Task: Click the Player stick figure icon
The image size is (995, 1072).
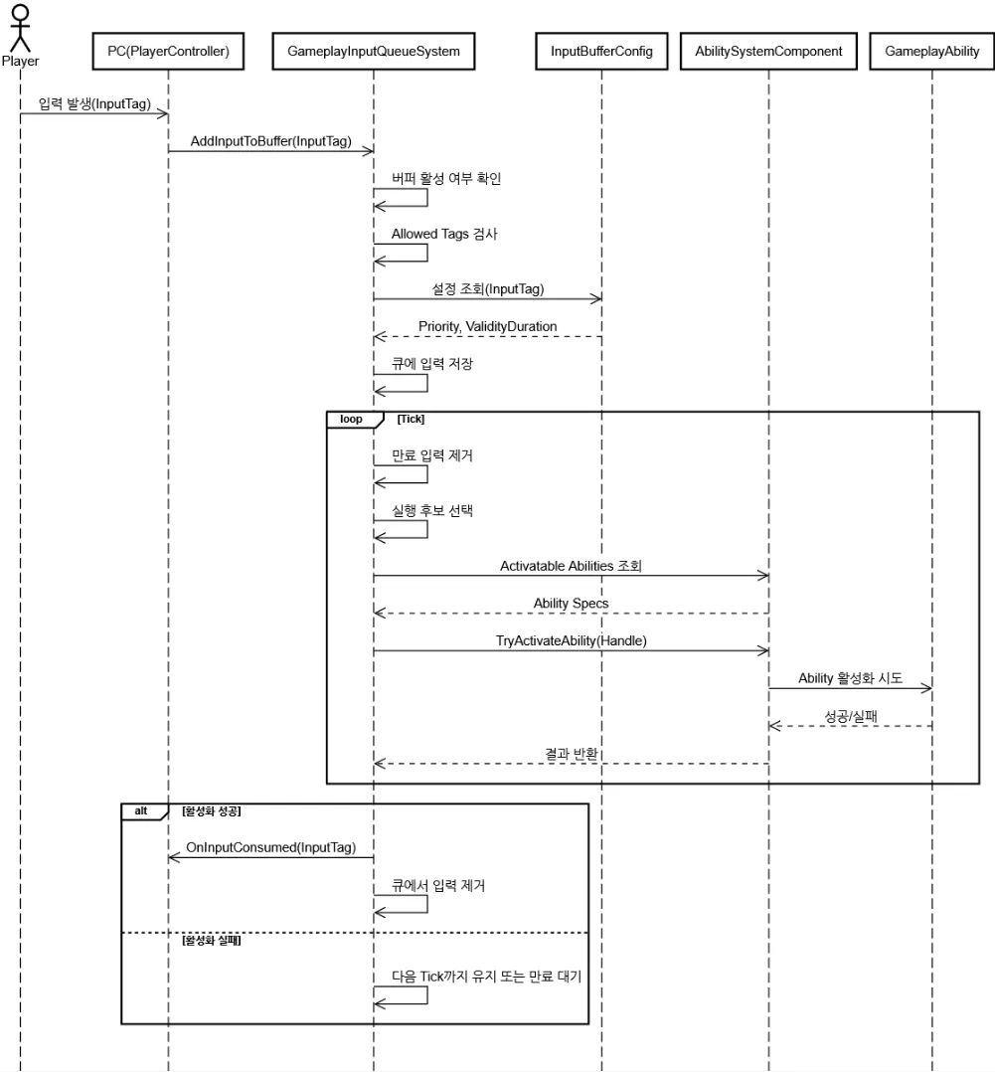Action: point(21,28)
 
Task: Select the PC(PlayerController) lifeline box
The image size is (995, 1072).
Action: point(168,52)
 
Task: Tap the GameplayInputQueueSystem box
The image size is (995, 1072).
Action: point(373,52)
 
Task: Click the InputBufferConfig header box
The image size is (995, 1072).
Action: point(601,52)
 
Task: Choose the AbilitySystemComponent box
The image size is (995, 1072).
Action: point(768,52)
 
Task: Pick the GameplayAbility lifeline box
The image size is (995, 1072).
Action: point(931,52)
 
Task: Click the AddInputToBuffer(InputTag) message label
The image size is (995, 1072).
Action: point(270,141)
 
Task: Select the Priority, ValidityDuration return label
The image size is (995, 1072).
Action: point(487,326)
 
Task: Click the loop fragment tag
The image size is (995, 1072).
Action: point(351,419)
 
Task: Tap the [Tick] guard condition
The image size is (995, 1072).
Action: point(411,419)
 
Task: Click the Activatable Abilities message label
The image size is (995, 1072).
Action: point(571,566)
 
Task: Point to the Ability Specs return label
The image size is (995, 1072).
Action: point(571,603)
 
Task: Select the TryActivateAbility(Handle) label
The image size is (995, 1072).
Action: point(571,640)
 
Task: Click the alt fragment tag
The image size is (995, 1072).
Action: point(141,811)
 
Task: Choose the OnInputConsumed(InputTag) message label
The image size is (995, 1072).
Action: point(270,847)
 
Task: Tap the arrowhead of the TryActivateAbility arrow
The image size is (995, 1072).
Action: point(763,650)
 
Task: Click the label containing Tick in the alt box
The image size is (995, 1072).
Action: point(486,977)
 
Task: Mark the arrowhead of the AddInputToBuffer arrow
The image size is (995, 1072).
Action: point(369,151)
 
